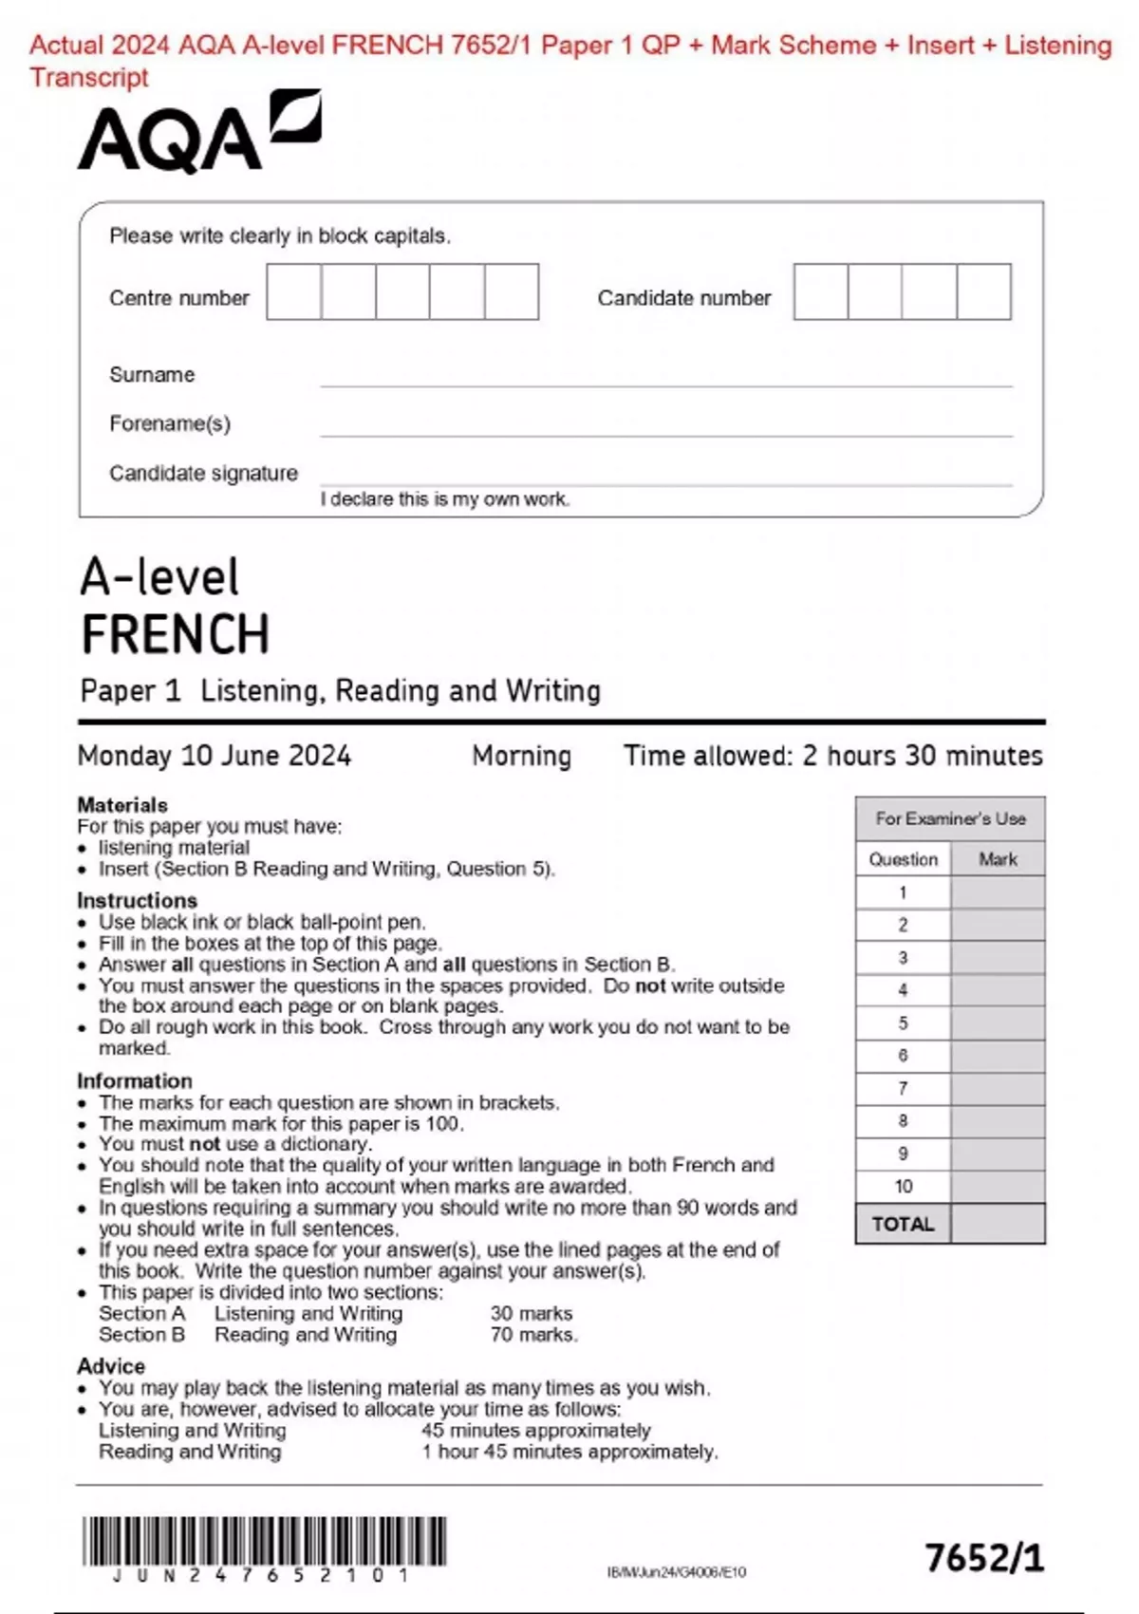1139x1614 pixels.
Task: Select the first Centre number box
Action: pos(294,292)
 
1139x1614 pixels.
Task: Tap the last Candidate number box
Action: pos(984,292)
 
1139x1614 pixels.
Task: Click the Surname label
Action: pos(152,375)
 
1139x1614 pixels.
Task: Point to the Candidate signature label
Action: pos(203,473)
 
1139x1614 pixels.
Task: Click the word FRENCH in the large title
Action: pos(176,634)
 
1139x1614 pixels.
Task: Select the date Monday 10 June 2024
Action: pos(215,756)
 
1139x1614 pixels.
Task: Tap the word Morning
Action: pos(522,756)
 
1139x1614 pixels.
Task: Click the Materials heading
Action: pos(122,805)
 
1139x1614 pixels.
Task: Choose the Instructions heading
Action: pos(138,900)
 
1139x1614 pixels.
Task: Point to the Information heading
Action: pos(135,1080)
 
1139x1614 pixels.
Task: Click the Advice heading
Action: pos(111,1366)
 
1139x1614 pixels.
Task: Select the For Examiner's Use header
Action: pos(950,818)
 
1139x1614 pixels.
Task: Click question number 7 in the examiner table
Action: pos(903,1088)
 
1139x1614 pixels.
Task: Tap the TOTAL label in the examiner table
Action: pos(903,1224)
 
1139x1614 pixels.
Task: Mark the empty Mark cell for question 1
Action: pos(998,892)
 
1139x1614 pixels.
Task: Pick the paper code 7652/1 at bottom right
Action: pos(984,1558)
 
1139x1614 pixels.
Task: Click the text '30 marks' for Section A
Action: pos(532,1313)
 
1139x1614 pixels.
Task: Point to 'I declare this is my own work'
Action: pos(445,499)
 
